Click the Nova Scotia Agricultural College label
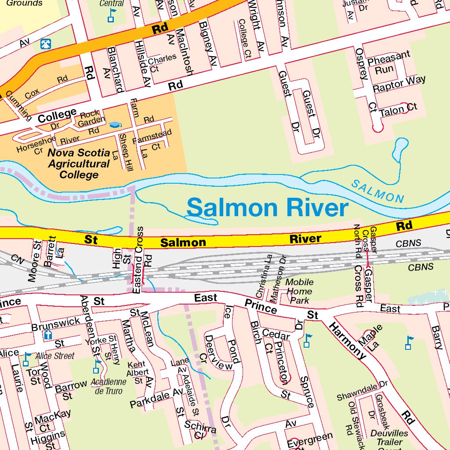(x=79, y=164)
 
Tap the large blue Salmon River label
(x=267, y=208)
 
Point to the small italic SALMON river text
(x=377, y=192)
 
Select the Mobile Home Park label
(x=299, y=291)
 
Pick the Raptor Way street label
(x=399, y=83)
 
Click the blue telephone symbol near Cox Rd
(x=45, y=44)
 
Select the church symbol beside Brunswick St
(x=48, y=335)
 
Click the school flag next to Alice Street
(x=26, y=359)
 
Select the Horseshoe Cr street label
(x=36, y=144)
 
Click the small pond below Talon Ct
(x=400, y=150)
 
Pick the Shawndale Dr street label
(x=361, y=391)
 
